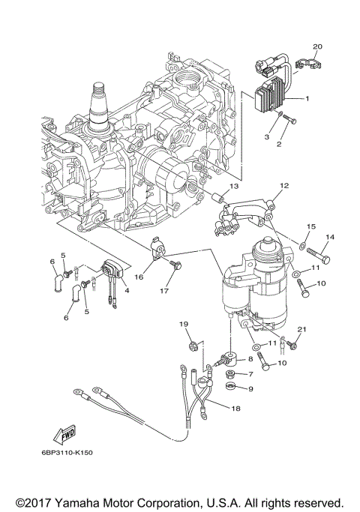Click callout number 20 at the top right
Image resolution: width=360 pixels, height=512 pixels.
(317, 47)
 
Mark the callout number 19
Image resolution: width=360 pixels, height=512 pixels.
(182, 323)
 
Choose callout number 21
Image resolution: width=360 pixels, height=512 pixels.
(302, 330)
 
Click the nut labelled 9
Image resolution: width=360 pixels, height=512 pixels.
(231, 388)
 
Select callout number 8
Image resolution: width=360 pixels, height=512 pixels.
(250, 360)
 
